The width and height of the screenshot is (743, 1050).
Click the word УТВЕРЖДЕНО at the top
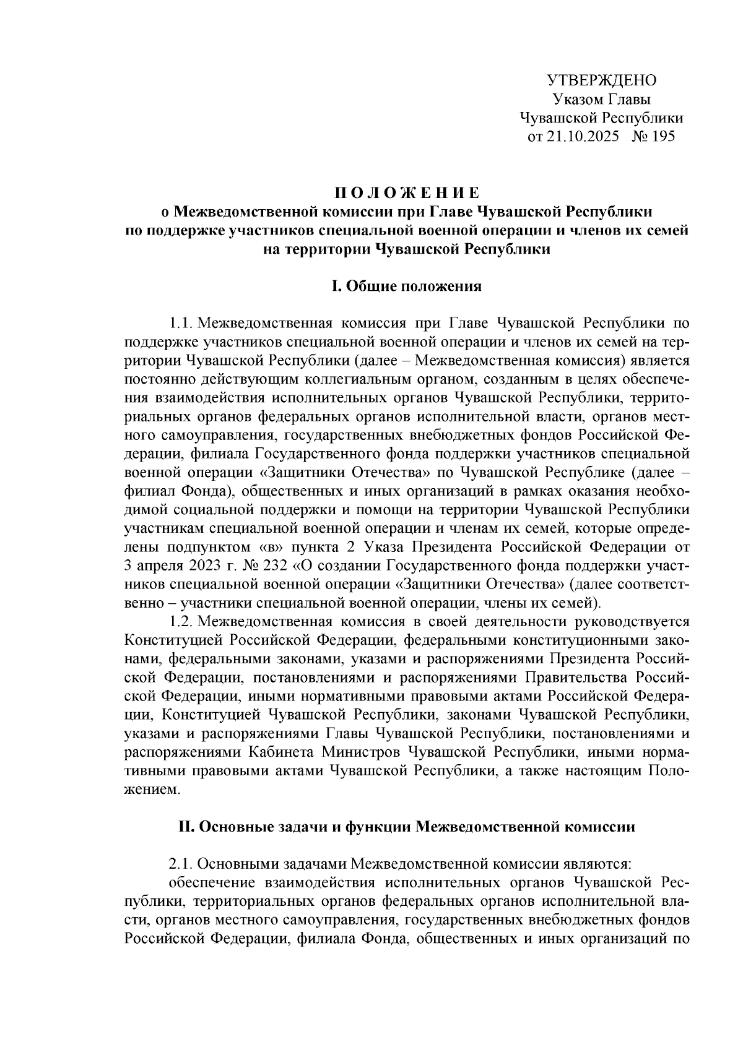(x=601, y=80)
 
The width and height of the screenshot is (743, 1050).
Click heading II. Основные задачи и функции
(x=406, y=827)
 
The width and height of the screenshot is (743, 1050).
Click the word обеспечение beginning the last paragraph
(x=207, y=881)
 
